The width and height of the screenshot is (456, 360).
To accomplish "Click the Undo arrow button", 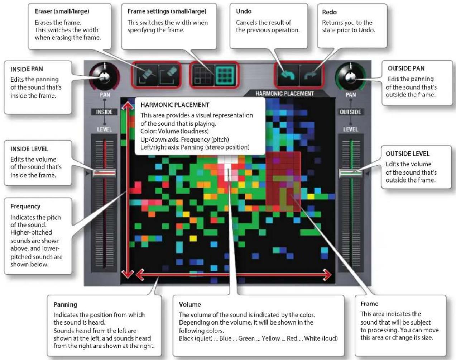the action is click(288, 75).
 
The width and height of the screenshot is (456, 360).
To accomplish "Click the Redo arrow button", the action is click(311, 75).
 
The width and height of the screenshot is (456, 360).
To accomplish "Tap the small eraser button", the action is click(146, 75).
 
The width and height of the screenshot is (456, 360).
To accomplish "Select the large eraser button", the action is click(168, 75).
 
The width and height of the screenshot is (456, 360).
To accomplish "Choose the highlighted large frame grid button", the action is click(225, 75).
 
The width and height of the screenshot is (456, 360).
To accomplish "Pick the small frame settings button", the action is click(203, 75).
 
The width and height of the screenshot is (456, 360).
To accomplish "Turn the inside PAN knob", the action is click(105, 77).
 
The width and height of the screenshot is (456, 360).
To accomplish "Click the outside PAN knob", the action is click(350, 77).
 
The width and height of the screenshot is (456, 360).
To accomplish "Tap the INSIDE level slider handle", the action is click(104, 173).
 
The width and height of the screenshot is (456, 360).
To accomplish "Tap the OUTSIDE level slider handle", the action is click(350, 173).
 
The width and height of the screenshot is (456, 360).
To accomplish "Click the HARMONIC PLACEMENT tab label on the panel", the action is click(284, 94).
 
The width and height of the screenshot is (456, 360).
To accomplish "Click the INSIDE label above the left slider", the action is click(104, 112).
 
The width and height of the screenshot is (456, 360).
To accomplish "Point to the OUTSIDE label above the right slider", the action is click(350, 112).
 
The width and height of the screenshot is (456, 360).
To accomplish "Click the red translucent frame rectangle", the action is click(283, 181).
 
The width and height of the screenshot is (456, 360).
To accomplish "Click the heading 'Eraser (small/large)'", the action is click(62, 11).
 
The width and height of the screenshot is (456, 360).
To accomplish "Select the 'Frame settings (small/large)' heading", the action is click(167, 11).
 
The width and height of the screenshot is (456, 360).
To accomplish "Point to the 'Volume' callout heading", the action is click(190, 304).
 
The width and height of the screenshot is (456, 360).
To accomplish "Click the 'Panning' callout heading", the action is click(65, 305).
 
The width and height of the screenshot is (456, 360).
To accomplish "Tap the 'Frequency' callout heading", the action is click(25, 207).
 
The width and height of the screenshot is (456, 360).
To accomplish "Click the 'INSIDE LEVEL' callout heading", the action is click(29, 149).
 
